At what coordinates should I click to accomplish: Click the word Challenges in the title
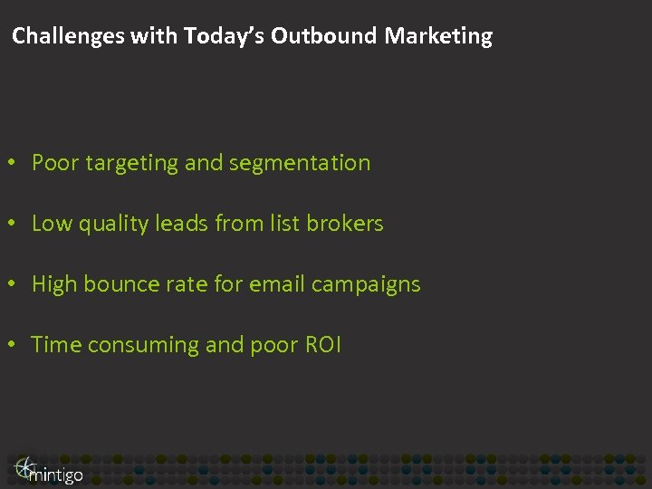pyautogui.click(x=68, y=36)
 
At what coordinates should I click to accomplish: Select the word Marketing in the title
pyautogui.click(x=438, y=36)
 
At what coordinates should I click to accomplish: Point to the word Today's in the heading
pyautogui.click(x=224, y=36)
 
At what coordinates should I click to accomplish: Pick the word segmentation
pyautogui.click(x=300, y=164)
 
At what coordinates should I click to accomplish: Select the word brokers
pyautogui.click(x=345, y=224)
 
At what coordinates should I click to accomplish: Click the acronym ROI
pyautogui.click(x=323, y=345)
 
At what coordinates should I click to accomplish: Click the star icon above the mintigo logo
pyautogui.click(x=24, y=465)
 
